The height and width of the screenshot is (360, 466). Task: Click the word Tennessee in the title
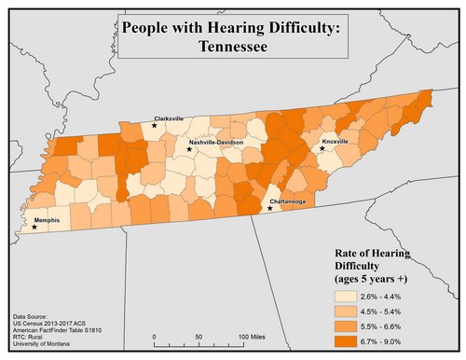[232, 46]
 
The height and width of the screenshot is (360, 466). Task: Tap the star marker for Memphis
[35, 227]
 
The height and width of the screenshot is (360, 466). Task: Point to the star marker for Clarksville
[155, 125]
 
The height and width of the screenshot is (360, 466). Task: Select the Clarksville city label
[168, 118]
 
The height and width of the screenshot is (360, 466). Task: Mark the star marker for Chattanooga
[270, 209]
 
